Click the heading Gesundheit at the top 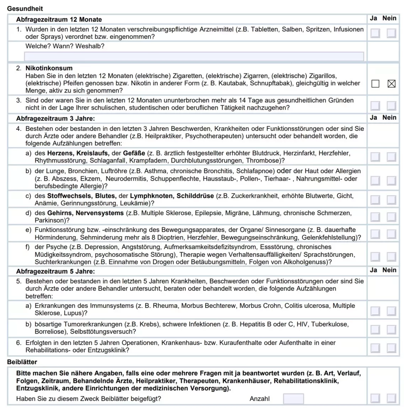coord(25,9)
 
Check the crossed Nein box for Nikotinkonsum coord(391,84)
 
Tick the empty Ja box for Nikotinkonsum coord(375,84)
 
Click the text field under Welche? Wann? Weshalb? coord(194,56)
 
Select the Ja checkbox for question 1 coord(375,33)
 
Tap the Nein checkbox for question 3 coord(391,106)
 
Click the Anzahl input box coord(293,399)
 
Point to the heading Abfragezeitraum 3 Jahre coord(55,118)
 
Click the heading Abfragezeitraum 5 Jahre coord(55,271)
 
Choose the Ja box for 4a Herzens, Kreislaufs coord(375,157)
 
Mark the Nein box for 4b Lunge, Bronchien coord(391,180)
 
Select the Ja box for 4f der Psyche coord(375,257)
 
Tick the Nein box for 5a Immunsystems coord(391,311)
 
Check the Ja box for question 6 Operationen coord(375,348)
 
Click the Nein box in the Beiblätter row coord(391,398)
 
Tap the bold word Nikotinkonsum coord(49,68)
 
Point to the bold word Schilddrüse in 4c coord(195,196)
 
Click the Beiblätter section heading coord(22,362)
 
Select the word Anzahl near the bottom coord(260,399)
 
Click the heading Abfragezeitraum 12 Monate coord(59,20)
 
